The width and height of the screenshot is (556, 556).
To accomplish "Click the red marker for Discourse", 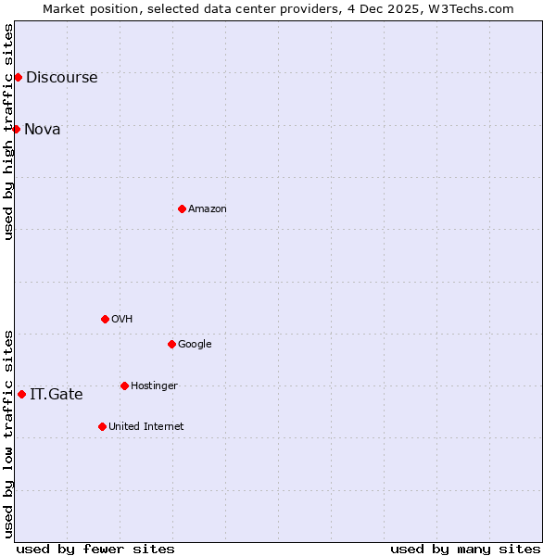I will (x=18, y=77).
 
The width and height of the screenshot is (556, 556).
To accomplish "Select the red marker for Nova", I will (x=16, y=129).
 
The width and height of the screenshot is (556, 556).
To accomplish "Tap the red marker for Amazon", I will (x=182, y=208).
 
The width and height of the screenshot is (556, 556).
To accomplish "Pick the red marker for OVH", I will (x=105, y=319).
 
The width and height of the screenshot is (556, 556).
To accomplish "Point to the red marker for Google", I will (x=171, y=344).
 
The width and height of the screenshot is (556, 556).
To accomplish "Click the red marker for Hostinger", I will (x=124, y=385).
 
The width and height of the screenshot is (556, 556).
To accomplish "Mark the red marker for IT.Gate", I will (x=21, y=394).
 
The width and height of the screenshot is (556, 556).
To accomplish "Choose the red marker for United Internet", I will (x=102, y=426).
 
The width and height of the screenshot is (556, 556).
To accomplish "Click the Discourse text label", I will (x=61, y=78).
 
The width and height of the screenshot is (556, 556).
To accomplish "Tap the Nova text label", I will (x=42, y=130).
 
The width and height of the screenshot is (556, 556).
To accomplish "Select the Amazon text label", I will (x=207, y=209).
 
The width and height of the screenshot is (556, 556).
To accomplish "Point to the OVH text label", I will (x=121, y=320).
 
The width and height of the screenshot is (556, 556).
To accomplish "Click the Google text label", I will (x=195, y=345).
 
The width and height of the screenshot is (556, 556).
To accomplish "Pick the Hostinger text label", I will (x=154, y=386).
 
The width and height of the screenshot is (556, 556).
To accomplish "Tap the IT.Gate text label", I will (x=56, y=395).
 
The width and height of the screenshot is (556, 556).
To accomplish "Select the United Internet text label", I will (x=145, y=427).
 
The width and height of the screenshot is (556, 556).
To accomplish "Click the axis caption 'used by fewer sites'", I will (x=95, y=549).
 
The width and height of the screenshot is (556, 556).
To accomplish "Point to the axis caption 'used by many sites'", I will (x=465, y=549).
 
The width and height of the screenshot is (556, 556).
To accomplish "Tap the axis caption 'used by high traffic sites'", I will (x=8, y=132).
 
